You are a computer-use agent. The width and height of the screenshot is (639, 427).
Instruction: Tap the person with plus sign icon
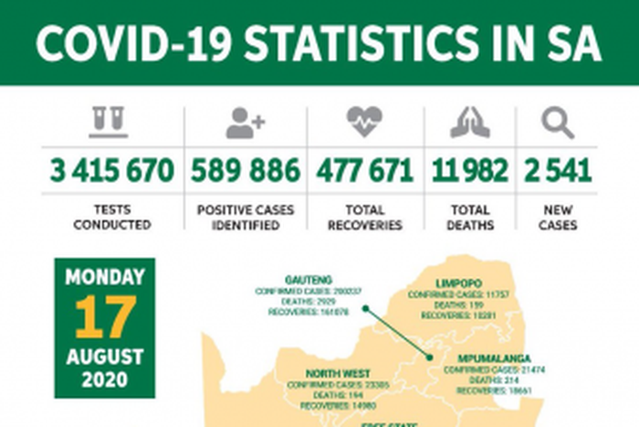pos(245,123)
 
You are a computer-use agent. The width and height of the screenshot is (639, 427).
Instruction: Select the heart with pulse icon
pos(364,123)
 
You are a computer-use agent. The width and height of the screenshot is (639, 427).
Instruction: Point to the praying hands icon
pos(469,123)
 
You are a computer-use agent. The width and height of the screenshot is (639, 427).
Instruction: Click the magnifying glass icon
pos(557,123)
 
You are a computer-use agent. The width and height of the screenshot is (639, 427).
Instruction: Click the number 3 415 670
pos(112,170)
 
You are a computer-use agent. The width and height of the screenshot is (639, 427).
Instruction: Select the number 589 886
pos(245,170)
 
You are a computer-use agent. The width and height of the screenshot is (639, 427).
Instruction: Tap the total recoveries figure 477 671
pos(364,170)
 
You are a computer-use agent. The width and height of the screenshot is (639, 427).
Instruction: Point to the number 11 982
pos(469,170)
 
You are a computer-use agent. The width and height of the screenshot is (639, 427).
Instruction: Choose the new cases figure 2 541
pos(558,170)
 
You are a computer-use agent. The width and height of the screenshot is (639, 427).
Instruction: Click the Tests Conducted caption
pos(112,217)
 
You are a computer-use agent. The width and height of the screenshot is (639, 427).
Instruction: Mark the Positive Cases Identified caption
pos(246,217)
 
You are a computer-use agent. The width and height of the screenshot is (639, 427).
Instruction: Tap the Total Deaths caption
pos(470,217)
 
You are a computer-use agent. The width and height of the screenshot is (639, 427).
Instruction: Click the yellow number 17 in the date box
pos(104,316)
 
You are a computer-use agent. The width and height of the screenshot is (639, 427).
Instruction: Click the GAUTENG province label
pos(308,280)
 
